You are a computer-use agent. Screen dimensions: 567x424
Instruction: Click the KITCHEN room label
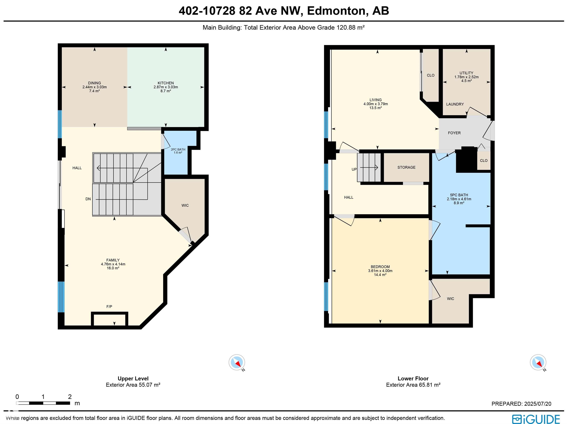pos(166,83)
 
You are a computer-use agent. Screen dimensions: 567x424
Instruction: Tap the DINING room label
pos(94,83)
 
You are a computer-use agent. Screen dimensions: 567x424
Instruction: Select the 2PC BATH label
pos(178,150)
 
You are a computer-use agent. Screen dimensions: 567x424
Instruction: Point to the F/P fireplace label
pos(109,306)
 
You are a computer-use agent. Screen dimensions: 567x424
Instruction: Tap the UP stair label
pos(354,169)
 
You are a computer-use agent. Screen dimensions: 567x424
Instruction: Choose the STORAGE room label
pos(406,167)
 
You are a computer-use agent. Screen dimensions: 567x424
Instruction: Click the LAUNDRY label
pos(455,104)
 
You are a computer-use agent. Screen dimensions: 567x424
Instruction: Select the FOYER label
pos(454,133)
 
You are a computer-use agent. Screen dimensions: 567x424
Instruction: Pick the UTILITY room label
pos(466,73)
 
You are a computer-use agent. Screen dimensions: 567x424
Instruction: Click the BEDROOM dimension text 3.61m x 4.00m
pos(380,271)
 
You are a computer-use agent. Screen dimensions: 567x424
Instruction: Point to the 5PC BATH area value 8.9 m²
pos(459,203)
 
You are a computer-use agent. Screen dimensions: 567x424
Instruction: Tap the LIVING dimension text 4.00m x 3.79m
pos(376,104)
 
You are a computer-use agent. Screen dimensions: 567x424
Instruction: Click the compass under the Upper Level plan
pos(237,362)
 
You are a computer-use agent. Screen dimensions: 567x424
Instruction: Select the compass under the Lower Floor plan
pos(538,362)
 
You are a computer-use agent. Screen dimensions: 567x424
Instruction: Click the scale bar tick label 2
pos(70,397)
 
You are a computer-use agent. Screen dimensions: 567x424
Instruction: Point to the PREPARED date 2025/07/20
pos(537,404)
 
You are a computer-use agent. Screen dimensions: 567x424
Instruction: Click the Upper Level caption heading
pos(133,378)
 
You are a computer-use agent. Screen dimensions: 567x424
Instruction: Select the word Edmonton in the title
pos(336,11)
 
